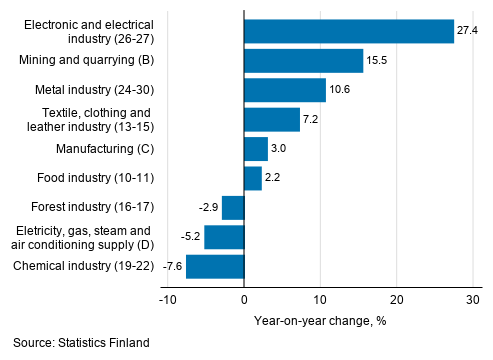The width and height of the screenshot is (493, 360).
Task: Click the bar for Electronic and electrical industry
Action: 348,31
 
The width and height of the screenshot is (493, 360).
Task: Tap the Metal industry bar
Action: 284,90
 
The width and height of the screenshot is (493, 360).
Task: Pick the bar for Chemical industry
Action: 215,267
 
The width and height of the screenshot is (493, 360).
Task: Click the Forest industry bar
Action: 233,208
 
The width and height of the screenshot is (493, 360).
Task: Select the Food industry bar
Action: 252,178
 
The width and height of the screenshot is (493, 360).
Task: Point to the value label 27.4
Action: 467,32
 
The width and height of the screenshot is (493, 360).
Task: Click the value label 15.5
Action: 377,61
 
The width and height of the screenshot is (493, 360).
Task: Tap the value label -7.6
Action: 172,267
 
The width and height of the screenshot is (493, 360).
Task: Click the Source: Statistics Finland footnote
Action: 82,343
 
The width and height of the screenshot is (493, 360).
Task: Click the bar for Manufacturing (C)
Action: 255,149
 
